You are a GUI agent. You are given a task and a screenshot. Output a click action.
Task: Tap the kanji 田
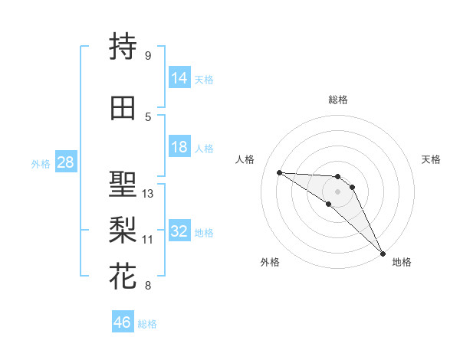123,107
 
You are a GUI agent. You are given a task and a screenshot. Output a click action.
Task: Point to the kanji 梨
123,229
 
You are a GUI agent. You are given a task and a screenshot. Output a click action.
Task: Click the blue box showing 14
179,78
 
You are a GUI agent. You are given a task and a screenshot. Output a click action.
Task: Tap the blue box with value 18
179,147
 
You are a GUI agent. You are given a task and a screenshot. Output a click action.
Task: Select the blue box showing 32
179,231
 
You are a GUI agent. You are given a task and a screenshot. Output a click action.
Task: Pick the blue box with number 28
64,162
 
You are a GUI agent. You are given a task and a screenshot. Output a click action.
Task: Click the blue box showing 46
123,322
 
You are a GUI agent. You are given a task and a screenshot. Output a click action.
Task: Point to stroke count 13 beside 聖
148,194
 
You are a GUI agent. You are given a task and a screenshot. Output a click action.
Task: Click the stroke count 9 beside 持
148,55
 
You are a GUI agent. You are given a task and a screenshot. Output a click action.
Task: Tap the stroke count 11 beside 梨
148,239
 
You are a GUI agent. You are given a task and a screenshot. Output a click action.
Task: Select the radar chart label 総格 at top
337,100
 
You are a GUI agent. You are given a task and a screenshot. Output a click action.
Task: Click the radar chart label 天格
431,159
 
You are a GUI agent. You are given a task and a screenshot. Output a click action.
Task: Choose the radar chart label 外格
270,262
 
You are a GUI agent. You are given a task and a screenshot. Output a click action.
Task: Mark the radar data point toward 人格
279,172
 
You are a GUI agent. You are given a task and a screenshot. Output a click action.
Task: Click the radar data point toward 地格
383,253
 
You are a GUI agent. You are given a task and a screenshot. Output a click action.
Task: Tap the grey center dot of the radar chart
337,191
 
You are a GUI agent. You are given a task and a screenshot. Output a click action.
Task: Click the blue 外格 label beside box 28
40,163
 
